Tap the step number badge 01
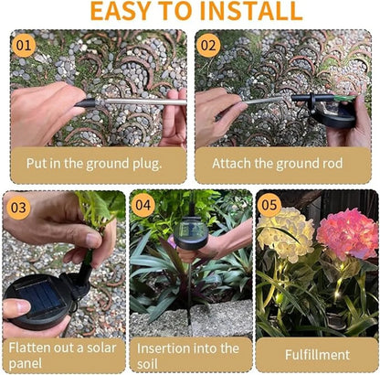[x=24, y=44]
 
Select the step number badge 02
[x=209, y=44]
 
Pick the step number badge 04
[x=143, y=204]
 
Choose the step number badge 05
[x=268, y=204]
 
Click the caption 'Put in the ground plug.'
[x=96, y=164]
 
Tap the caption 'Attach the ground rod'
[x=277, y=164]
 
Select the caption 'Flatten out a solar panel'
[x=62, y=356]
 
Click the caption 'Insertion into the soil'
[x=187, y=356]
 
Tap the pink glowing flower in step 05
[x=346, y=234]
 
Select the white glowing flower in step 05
[x=285, y=234]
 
